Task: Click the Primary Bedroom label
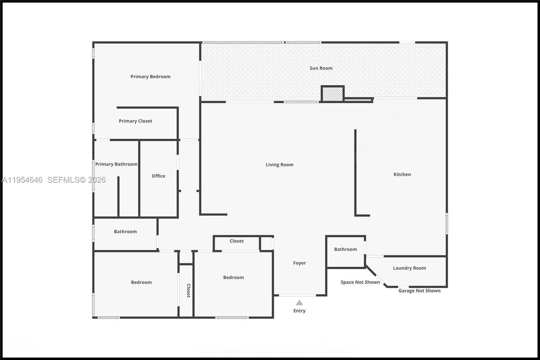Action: [150, 77]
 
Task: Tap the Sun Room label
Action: [321, 68]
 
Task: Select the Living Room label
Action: [280, 165]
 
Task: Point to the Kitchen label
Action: [402, 175]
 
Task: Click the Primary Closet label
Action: [135, 121]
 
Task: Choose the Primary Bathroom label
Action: [116, 164]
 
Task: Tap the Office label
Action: [158, 176]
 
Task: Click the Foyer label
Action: [299, 263]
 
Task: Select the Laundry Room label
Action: [409, 268]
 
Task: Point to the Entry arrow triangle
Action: [299, 303]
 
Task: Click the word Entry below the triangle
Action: [299, 311]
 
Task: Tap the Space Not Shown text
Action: [360, 282]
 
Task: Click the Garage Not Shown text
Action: [419, 291]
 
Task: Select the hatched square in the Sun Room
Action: [332, 94]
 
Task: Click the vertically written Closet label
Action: [188, 291]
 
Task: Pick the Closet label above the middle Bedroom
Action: [237, 241]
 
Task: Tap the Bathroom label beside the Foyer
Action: [345, 249]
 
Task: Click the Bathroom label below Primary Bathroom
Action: [125, 231]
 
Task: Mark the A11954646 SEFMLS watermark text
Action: [53, 180]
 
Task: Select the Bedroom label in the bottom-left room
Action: [141, 282]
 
